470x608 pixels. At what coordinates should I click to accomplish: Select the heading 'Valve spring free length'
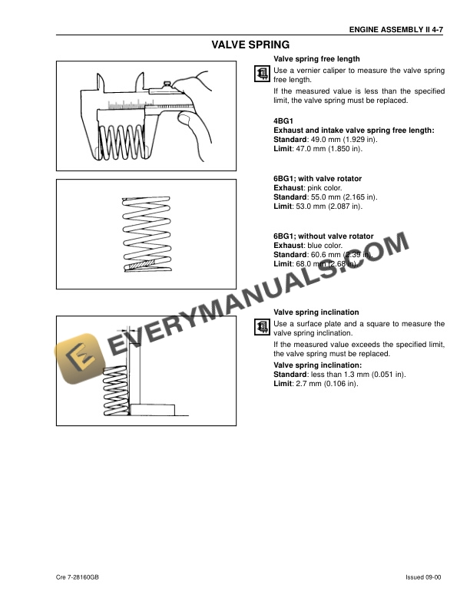(316, 58)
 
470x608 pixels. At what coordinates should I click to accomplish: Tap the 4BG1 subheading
(283, 121)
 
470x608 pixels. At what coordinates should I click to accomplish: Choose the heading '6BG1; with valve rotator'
(317, 179)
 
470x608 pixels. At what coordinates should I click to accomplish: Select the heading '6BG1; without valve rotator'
(323, 236)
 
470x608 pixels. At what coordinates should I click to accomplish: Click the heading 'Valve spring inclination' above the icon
(316, 312)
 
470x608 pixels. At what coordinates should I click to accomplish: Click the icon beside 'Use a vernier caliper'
(261, 73)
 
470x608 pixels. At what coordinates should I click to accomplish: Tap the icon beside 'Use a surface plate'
(261, 327)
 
